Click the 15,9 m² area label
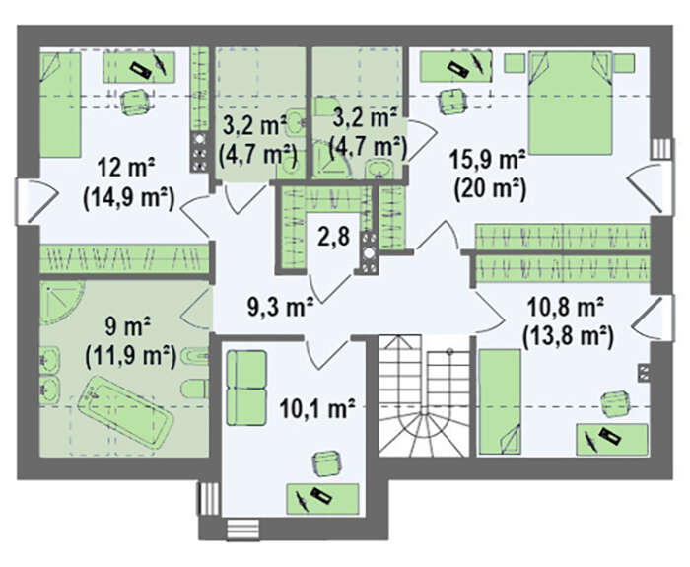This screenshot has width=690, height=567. click(488, 161)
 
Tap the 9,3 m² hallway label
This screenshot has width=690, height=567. click(280, 307)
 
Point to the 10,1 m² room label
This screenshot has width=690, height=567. click(317, 409)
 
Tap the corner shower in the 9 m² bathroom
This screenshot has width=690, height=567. click(61, 303)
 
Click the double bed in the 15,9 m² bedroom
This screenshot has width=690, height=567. click(570, 103)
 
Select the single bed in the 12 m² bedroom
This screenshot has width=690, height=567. click(60, 105)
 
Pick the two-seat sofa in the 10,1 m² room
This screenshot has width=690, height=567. click(246, 388)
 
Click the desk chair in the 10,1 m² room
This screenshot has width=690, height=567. click(326, 463)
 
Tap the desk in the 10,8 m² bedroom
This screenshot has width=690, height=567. click(612, 439)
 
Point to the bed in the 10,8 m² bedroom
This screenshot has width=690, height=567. click(500, 401)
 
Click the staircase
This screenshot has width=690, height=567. click(424, 395)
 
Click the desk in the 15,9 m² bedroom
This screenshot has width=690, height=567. click(455, 66)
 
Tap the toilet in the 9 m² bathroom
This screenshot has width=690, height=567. click(193, 390)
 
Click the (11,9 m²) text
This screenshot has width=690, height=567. click(131, 356)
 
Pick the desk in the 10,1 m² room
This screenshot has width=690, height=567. click(322, 499)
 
